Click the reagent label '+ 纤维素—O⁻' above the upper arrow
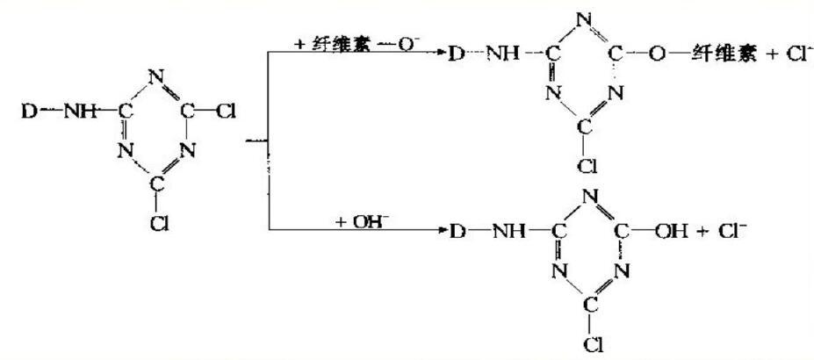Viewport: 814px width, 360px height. tap(361, 41)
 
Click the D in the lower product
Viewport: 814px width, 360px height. tap(457, 233)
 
